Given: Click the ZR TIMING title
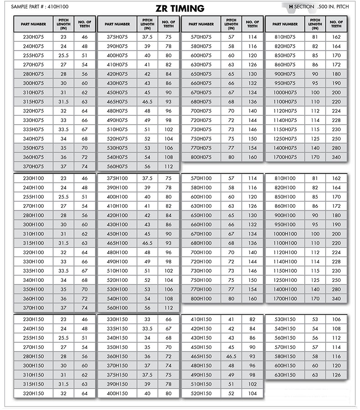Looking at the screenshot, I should [180, 9].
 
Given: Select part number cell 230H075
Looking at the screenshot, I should [33, 37].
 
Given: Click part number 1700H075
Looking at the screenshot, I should [285, 157].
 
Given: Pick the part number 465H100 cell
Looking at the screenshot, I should [117, 243].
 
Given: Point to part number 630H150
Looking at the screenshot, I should [285, 375].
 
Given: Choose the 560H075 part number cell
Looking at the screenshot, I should [117, 167].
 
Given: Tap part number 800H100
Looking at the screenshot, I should [201, 299].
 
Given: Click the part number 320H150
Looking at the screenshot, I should [33, 394].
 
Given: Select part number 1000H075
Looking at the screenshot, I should [285, 92].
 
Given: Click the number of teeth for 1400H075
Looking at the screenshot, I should [336, 148].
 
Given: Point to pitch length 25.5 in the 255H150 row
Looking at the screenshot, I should [63, 338].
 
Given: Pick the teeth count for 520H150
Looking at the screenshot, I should [252, 394].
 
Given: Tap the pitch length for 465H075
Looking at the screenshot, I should [147, 102].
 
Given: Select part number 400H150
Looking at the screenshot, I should [117, 394].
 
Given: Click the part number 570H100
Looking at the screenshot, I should [201, 179].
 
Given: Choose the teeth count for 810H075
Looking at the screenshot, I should [336, 37].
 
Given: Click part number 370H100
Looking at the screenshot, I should [33, 308].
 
